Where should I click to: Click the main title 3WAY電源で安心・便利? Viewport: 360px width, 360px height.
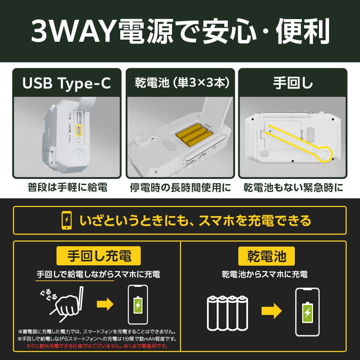[x=180, y=31]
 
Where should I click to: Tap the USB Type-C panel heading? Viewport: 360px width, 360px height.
[x=67, y=83]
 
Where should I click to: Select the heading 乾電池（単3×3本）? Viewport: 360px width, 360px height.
[x=182, y=83]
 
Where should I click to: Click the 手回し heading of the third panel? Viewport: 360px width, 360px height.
[x=293, y=83]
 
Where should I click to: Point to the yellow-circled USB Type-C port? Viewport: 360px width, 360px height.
[x=79, y=131]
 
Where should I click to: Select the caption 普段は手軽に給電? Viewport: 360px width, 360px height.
[x=68, y=187]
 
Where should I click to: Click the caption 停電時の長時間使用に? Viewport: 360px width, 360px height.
[x=180, y=187]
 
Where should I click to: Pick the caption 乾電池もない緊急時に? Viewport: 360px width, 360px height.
[x=293, y=187]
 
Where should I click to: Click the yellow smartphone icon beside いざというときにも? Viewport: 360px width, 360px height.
[x=67, y=220]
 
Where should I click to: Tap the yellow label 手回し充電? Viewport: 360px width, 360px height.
[x=99, y=256]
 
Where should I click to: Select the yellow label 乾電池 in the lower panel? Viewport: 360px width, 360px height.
[x=266, y=256]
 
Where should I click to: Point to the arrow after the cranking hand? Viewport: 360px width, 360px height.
[x=105, y=305]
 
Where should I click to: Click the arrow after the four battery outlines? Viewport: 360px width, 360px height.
[x=271, y=311]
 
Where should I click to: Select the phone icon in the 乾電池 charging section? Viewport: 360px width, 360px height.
[x=307, y=312]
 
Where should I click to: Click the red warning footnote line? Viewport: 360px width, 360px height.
[x=97, y=346]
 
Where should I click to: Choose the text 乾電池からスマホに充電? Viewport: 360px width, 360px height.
[x=265, y=274]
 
